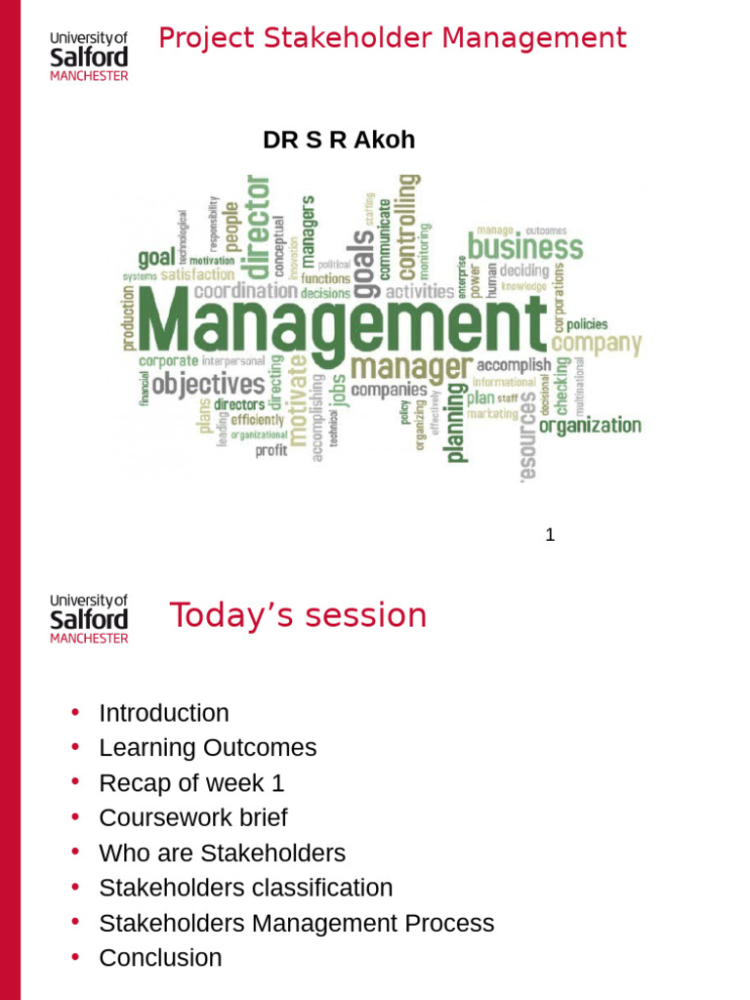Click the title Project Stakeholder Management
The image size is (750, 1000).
click(392, 39)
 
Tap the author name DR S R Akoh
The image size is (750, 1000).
click(339, 140)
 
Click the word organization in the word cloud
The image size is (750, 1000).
click(590, 426)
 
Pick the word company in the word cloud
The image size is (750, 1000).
click(597, 345)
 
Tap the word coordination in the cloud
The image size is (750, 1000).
click(245, 291)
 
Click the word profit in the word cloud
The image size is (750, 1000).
click(271, 450)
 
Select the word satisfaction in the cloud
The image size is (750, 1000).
click(197, 275)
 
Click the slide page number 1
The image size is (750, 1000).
click(550, 535)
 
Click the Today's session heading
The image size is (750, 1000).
click(298, 616)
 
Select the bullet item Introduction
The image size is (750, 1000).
click(164, 713)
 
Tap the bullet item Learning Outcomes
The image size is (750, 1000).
click(208, 748)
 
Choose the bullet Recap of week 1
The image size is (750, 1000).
click(191, 783)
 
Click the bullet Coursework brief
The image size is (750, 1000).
click(193, 817)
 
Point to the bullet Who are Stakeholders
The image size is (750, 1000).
click(222, 853)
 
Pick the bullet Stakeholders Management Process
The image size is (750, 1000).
click(297, 923)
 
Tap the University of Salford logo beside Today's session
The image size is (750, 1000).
click(89, 618)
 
